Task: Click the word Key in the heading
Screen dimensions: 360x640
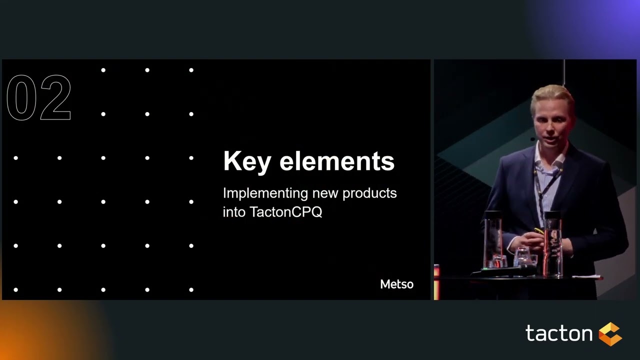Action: (246, 161)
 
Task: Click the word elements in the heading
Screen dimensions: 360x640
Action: (337, 161)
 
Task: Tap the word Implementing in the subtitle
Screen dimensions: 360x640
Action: (265, 193)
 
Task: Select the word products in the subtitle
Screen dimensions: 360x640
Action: (371, 193)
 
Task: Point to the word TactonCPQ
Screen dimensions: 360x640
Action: (286, 212)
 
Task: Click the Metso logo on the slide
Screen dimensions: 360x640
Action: (396, 284)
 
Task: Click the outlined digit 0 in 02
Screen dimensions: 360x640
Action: (22, 97)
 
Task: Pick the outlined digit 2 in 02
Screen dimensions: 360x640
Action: (55, 97)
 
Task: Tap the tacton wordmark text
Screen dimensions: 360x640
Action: (559, 333)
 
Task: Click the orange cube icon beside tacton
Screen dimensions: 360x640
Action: (610, 334)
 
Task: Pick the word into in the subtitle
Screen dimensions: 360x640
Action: (234, 212)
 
